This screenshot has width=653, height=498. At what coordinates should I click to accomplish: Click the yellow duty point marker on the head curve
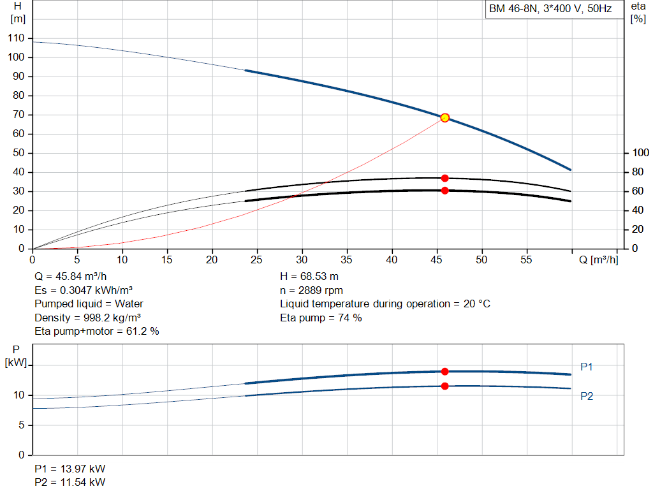pos(444,118)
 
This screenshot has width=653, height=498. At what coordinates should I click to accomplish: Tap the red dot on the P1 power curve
pos(444,371)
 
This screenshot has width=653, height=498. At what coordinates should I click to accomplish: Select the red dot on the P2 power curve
pos(444,386)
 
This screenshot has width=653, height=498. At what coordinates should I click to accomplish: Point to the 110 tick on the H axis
pos(16,38)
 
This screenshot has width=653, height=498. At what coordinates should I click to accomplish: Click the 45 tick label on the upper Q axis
pos(436,260)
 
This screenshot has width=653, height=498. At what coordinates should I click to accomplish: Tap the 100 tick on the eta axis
pos(640,153)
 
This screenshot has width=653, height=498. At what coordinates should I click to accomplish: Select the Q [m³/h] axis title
pos(598,260)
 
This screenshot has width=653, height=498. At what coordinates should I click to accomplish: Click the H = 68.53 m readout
pos(309,277)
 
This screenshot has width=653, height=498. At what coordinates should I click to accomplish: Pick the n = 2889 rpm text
pos(311,291)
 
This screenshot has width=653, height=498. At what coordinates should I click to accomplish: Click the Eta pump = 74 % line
pos(321,318)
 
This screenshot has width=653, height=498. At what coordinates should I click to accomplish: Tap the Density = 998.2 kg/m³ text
pos(87,318)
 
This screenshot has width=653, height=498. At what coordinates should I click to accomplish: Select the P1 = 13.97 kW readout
pos(70,469)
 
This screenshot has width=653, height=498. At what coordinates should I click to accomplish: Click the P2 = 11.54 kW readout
pos(70,482)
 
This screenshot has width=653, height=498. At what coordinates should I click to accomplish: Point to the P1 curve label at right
pos(587,367)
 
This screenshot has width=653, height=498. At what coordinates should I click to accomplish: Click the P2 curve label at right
pos(587,396)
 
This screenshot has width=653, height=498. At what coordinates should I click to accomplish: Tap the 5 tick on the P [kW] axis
pos(21,425)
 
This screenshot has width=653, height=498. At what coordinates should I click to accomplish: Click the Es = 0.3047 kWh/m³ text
pos(84,291)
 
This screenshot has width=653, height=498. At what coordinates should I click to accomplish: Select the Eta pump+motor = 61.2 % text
pos(97,332)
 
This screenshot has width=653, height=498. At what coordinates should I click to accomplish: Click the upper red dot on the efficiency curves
pos(444,178)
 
